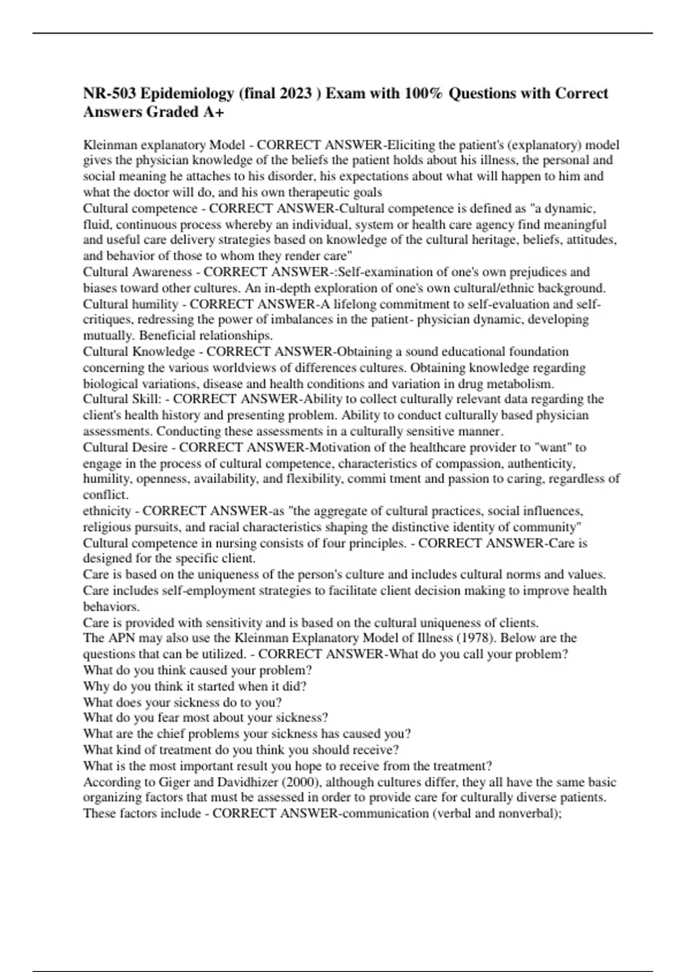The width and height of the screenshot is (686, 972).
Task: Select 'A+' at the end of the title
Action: (x=213, y=112)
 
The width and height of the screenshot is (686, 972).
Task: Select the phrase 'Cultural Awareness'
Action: (x=137, y=272)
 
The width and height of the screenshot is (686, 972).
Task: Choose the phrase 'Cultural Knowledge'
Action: (x=139, y=351)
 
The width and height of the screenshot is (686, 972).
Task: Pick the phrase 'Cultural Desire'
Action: (x=125, y=447)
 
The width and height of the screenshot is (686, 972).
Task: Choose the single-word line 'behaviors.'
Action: (x=111, y=607)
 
